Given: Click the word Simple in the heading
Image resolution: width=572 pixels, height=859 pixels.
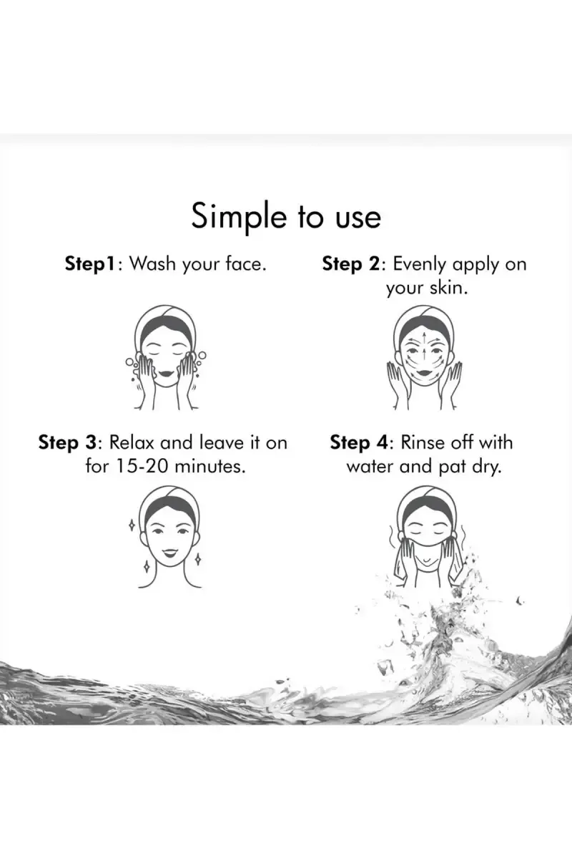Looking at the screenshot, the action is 239,217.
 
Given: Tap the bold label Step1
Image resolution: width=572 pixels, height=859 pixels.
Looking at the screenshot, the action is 90,264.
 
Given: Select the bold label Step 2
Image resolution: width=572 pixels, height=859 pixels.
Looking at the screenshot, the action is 350,264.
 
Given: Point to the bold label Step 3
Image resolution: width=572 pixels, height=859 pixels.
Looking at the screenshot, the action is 68,442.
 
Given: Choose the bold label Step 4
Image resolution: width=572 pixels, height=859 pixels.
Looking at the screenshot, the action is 359,442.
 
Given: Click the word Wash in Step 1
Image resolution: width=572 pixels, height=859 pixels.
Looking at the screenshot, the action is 152,263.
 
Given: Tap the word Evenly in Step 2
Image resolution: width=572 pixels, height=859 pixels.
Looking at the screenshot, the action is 420,264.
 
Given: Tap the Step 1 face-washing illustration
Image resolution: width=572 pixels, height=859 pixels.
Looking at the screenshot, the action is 165,358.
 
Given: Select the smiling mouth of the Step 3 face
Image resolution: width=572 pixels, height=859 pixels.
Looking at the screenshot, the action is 169,553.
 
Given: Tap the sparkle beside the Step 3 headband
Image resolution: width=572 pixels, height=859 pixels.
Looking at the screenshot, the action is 132,525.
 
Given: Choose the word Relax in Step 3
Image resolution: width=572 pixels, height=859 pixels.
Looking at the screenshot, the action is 132,442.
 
